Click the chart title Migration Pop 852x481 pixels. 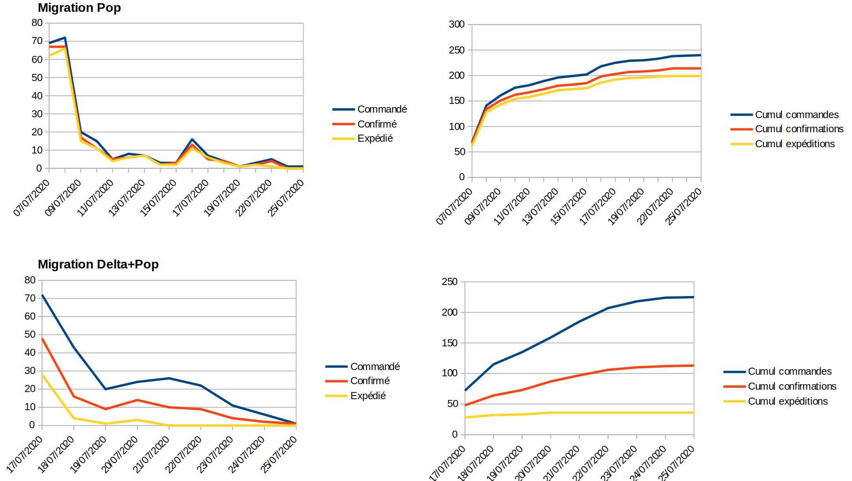pyautogui.click(x=79, y=8)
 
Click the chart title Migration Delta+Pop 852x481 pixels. pyautogui.click(x=98, y=264)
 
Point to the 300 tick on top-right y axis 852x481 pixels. pyautogui.click(x=457, y=24)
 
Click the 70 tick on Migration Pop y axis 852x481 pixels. pyautogui.click(x=37, y=41)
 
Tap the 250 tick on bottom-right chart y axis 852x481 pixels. pyautogui.click(x=450, y=282)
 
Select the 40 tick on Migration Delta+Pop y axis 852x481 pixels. pyautogui.click(x=30, y=353)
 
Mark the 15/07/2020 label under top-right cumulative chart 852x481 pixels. pyautogui.click(x=569, y=206)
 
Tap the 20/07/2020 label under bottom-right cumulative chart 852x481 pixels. pyautogui.click(x=533, y=463)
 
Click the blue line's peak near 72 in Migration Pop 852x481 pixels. pyautogui.click(x=65, y=38)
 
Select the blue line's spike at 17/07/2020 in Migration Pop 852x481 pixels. pyautogui.click(x=192, y=139)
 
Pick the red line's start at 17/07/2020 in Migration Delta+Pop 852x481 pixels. pyautogui.click(x=42, y=339)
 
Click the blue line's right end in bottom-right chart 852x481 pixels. pyautogui.click(x=693, y=297)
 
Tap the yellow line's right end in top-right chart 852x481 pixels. pyautogui.click(x=700, y=76)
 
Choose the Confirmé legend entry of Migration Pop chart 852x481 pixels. pyautogui.click(x=377, y=124)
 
